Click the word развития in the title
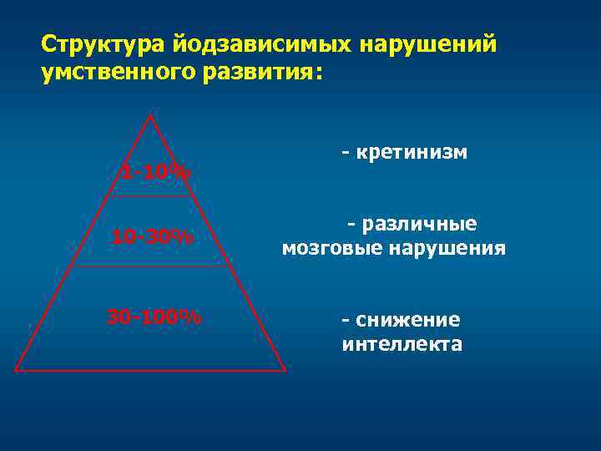[x=255, y=73]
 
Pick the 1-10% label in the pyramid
[x=155, y=173]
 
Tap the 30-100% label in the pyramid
[x=154, y=317]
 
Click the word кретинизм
[x=411, y=152]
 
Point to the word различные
[x=417, y=225]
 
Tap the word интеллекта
[x=402, y=343]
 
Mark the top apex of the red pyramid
[x=150, y=115]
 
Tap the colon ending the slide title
[x=317, y=75]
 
